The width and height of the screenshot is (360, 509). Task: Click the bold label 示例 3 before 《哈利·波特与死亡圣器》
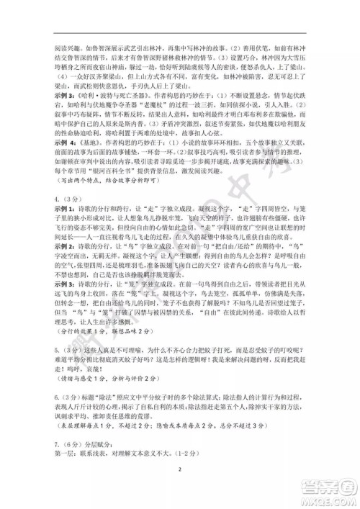(x=61, y=95)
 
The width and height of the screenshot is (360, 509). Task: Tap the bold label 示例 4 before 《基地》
(x=61, y=144)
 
